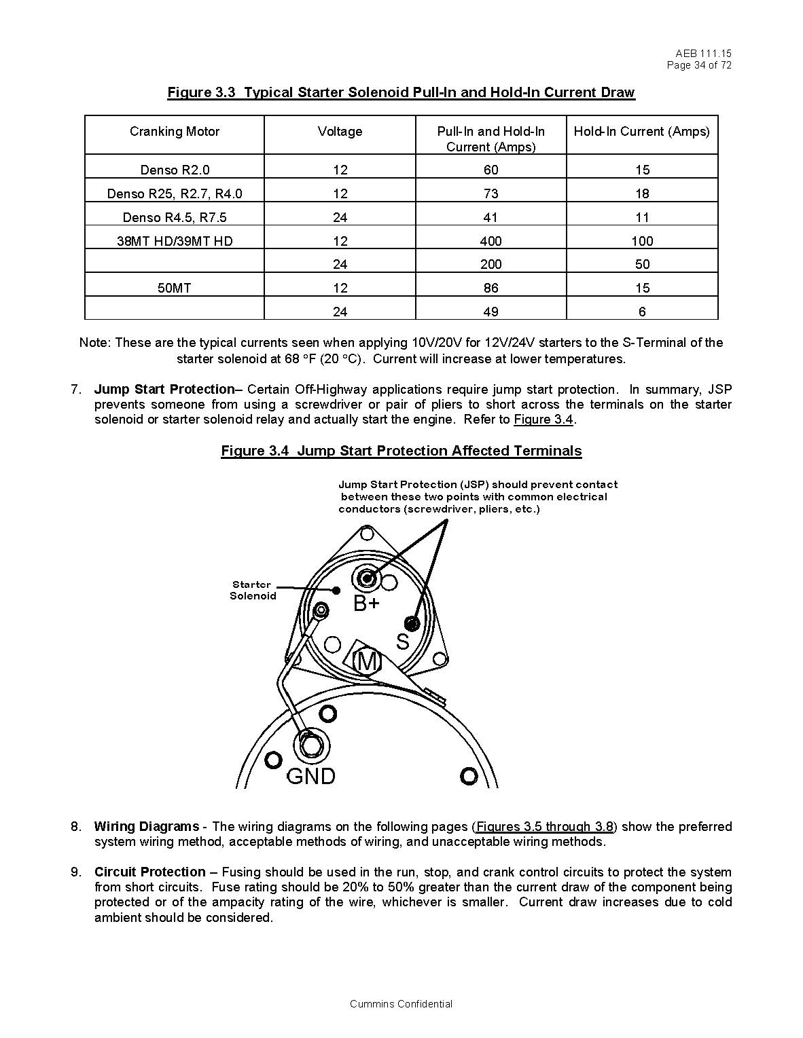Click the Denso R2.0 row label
pos(175,170)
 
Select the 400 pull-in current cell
pos(490,241)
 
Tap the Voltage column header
pos(340,132)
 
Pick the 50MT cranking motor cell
pos(175,288)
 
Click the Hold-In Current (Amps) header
pos(641,132)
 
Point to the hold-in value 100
pos(642,241)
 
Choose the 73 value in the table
pos(490,193)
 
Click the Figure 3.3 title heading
pos(401,92)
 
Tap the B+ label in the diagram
pos(366,603)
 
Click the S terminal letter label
pos(403,642)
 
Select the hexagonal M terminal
pos(366,661)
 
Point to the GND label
pos(311,776)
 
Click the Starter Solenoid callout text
pos(253,590)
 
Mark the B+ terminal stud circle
pos(367,578)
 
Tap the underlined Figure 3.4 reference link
pos(544,420)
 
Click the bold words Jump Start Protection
pos(164,390)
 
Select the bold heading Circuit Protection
pos(150,872)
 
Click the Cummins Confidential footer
pos(401,1004)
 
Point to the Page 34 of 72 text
pos(699,65)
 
